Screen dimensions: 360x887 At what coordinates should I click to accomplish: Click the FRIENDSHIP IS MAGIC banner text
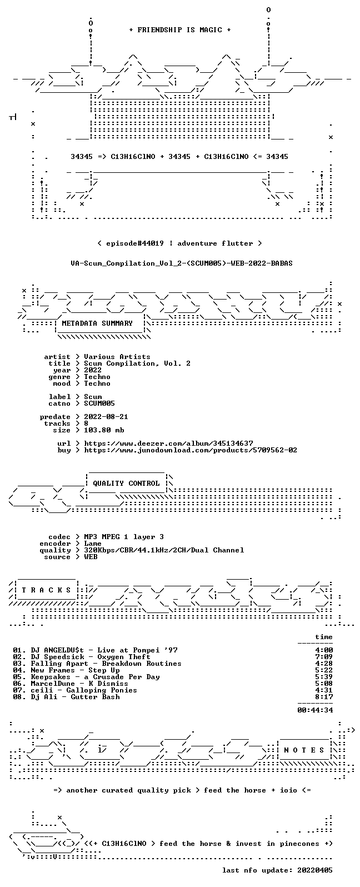180,29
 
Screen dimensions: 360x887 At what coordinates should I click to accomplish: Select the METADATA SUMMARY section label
97,323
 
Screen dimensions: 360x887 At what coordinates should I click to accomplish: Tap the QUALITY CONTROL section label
126,483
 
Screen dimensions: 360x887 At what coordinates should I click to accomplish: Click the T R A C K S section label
46,590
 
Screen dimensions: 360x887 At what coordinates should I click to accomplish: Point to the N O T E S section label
304,750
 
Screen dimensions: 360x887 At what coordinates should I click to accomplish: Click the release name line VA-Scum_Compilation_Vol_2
182,263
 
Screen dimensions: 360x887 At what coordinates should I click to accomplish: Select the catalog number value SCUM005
99,403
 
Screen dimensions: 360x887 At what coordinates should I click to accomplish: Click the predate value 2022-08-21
106,417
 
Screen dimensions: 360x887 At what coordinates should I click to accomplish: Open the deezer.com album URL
169,443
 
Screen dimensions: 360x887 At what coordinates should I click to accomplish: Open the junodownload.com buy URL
191,450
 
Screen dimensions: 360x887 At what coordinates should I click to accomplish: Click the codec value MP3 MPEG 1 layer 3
124,537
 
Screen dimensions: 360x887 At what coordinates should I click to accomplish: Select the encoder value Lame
93,544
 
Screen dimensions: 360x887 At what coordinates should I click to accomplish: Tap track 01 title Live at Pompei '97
137,650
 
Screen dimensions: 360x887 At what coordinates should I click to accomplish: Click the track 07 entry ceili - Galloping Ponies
84,690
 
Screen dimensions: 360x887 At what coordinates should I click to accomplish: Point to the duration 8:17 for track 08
324,697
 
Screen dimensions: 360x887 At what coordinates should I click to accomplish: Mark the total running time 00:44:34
315,710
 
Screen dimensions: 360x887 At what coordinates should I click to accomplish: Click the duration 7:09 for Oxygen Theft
324,657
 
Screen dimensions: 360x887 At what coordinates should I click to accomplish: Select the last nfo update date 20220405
315,870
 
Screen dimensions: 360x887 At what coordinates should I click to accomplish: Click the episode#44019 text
135,243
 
